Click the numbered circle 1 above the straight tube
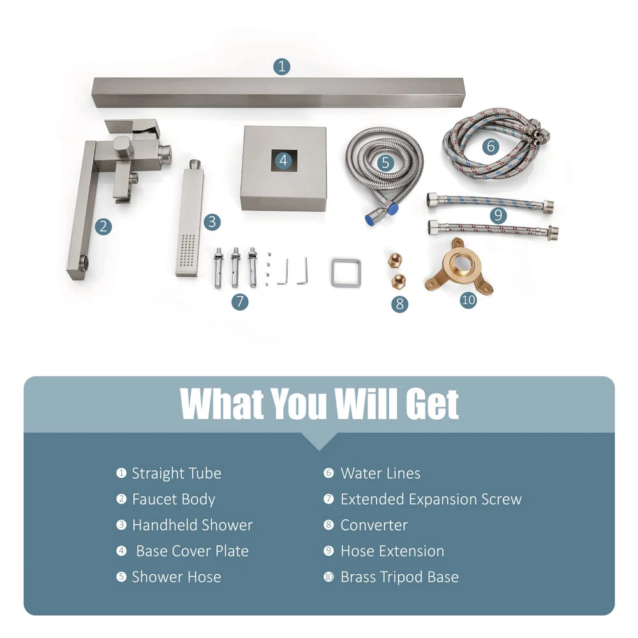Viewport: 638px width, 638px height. pos(281,66)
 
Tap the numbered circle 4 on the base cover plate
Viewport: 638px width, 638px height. pos(284,160)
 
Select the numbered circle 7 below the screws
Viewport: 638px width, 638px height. pos(240,302)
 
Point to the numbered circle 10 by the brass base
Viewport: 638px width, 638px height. pos(468,300)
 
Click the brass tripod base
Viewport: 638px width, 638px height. pos(459,267)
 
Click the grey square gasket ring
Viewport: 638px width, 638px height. pos(346,272)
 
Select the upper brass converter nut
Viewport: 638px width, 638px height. pos(395,260)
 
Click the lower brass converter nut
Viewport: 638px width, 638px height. pos(398,281)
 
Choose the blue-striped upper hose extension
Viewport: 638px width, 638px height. pos(490,203)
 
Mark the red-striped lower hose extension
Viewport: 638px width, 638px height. pos(493,229)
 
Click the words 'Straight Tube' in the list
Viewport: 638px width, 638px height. pos(177,473)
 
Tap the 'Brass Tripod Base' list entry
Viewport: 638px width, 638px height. pos(399,577)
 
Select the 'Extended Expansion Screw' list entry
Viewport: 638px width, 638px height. pos(431,500)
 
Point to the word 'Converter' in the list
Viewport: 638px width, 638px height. pos(374,525)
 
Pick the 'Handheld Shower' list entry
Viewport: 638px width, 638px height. pos(193,525)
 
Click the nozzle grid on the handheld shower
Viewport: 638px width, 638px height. pos(188,251)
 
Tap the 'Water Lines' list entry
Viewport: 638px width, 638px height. pos(380,473)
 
